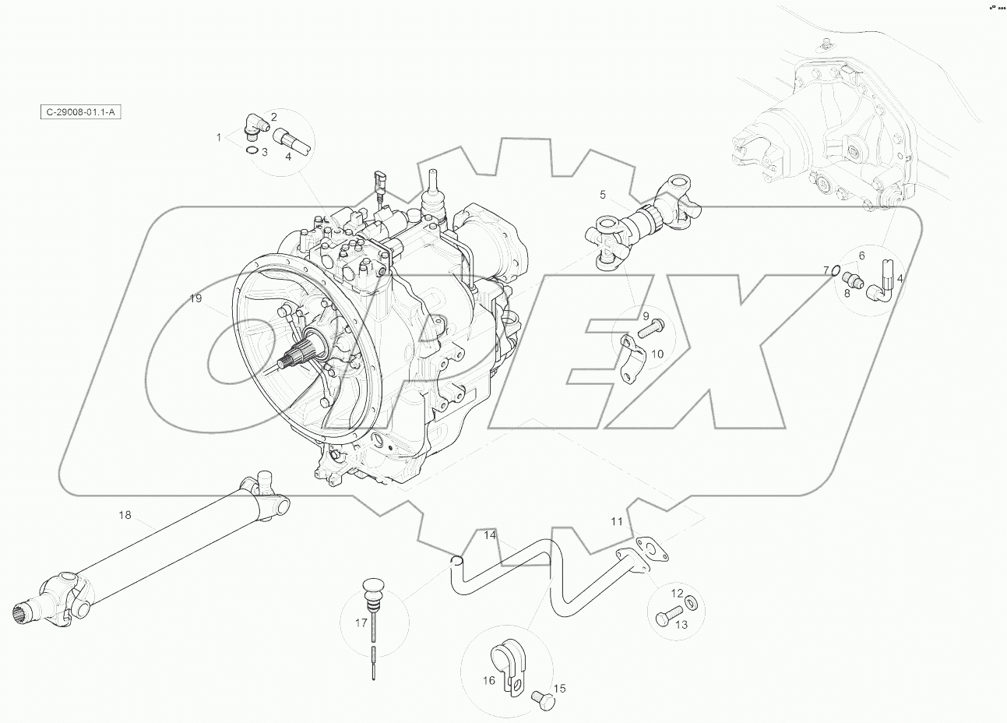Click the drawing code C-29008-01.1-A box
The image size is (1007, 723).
(x=80, y=112)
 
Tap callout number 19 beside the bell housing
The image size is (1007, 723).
(x=195, y=298)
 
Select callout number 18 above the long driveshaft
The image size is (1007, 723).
(x=125, y=515)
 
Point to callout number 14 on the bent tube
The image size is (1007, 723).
(x=490, y=535)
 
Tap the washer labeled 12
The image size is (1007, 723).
(x=693, y=604)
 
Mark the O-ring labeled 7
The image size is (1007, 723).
(x=835, y=271)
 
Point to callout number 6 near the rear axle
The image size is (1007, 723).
(x=861, y=256)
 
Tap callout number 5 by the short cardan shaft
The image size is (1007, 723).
(x=602, y=194)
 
